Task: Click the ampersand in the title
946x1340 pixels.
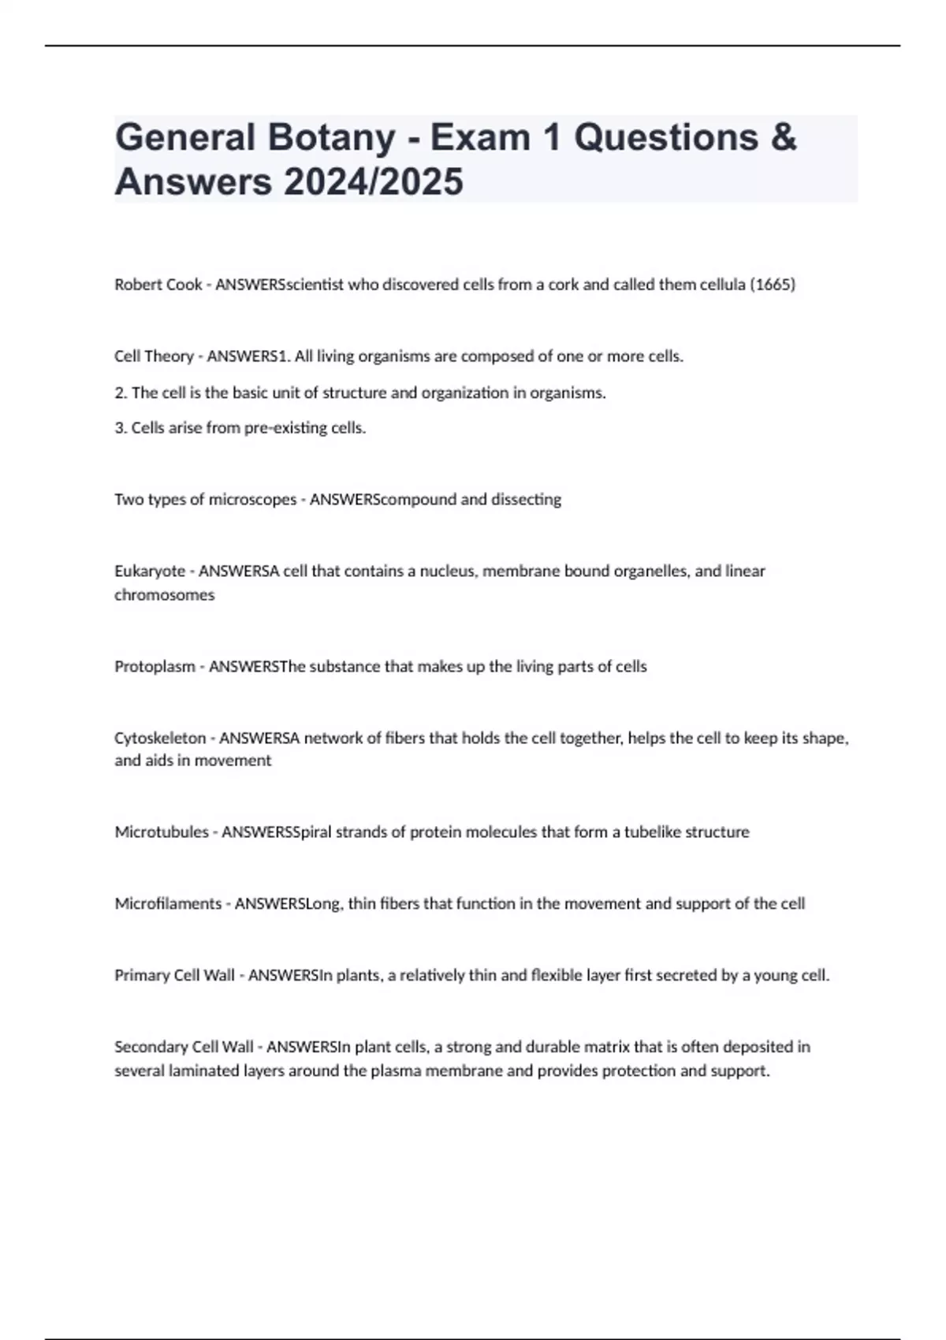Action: pyautogui.click(x=783, y=137)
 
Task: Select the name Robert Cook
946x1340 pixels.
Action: pyautogui.click(x=158, y=285)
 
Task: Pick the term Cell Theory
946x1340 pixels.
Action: pyautogui.click(x=154, y=356)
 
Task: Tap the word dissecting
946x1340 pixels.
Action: pyautogui.click(x=526, y=500)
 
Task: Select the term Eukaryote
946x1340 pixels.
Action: pyautogui.click(x=150, y=571)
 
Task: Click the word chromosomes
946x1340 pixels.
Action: pyautogui.click(x=164, y=595)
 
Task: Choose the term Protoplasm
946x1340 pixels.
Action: pyautogui.click(x=155, y=667)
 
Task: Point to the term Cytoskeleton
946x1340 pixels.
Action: pyautogui.click(x=160, y=739)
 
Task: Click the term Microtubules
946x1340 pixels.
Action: pyautogui.click(x=162, y=832)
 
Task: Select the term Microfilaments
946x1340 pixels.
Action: pyautogui.click(x=168, y=904)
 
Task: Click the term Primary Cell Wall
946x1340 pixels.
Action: pyautogui.click(x=174, y=976)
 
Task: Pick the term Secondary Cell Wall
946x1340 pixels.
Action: pyautogui.click(x=184, y=1048)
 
